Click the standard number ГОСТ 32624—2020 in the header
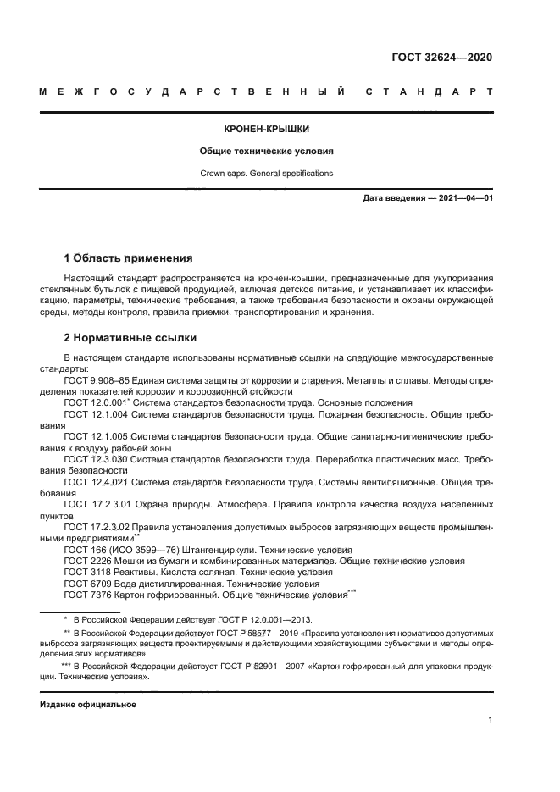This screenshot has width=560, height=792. click(x=441, y=58)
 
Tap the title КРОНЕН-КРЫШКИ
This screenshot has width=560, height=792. click(x=267, y=130)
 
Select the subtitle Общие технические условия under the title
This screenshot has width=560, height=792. click(x=267, y=152)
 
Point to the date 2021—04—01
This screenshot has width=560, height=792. click(x=464, y=198)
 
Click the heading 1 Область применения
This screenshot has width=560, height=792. click(x=129, y=258)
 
